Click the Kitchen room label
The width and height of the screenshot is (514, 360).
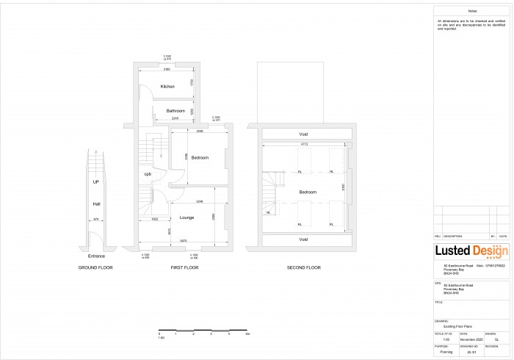coord(168,87)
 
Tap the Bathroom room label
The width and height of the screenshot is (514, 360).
coord(175,111)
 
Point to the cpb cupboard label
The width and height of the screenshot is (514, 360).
coord(148,174)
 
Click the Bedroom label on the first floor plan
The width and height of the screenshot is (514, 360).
coord(200,158)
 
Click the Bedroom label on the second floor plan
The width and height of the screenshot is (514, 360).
coord(307,192)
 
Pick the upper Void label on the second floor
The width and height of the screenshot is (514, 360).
coord(303,134)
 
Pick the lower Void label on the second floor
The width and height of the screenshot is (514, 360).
coord(303,240)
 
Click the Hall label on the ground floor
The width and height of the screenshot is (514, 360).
coord(96,204)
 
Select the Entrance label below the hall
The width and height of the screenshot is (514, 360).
coord(96,256)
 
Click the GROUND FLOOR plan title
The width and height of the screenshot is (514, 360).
coord(96,267)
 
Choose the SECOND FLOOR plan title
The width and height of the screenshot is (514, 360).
coord(303,267)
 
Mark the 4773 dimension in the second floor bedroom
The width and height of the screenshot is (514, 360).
coord(303,145)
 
